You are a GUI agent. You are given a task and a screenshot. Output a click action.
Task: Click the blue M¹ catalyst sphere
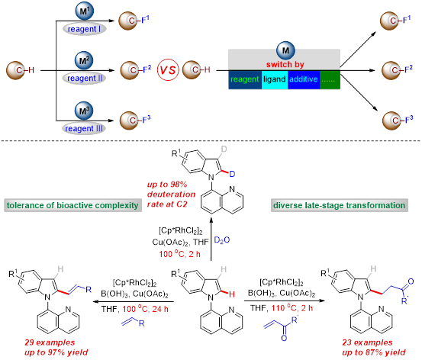pyautogui.click(x=84, y=11)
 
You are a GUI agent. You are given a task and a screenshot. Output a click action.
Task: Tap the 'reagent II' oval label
pyautogui.click(x=84, y=79)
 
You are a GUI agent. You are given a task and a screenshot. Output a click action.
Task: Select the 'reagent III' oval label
pyautogui.click(x=84, y=128)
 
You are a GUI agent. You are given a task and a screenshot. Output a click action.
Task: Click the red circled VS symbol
pyautogui.click(x=168, y=70)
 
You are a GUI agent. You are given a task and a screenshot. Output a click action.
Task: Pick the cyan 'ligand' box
pyautogui.click(x=275, y=79)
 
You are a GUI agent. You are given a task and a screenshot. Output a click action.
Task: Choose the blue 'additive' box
pyautogui.click(x=304, y=79)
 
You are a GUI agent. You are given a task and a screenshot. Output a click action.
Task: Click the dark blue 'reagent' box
pyautogui.click(x=245, y=79)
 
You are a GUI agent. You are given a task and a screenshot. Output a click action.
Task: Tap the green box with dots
pyautogui.click(x=330, y=79)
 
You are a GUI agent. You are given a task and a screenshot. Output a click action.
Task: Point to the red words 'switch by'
pyautogui.click(x=285, y=65)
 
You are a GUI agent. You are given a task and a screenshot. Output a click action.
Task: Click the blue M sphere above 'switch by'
pyautogui.click(x=285, y=50)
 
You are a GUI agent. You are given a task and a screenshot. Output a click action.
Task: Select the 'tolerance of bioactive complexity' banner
pyautogui.click(x=72, y=205)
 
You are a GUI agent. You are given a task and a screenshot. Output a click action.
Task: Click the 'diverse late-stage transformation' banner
pyautogui.click(x=339, y=205)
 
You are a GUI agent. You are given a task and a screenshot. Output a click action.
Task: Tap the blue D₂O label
pyautogui.click(x=222, y=240)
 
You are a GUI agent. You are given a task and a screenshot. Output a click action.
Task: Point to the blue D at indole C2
pyautogui.click(x=232, y=174)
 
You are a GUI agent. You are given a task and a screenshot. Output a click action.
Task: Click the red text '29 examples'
pyautogui.click(x=50, y=342)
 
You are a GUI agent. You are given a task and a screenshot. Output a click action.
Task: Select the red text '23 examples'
pyautogui.click(x=367, y=342)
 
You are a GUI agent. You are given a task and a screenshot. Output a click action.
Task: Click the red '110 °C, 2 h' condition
pyautogui.click(x=292, y=308)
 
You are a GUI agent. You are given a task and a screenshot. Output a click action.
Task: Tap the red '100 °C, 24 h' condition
pyautogui.click(x=145, y=309)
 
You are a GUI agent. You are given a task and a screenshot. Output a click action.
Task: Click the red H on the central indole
pyautogui.click(x=232, y=294)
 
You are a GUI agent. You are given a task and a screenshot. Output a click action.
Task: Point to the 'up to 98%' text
pyautogui.click(x=167, y=185)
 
